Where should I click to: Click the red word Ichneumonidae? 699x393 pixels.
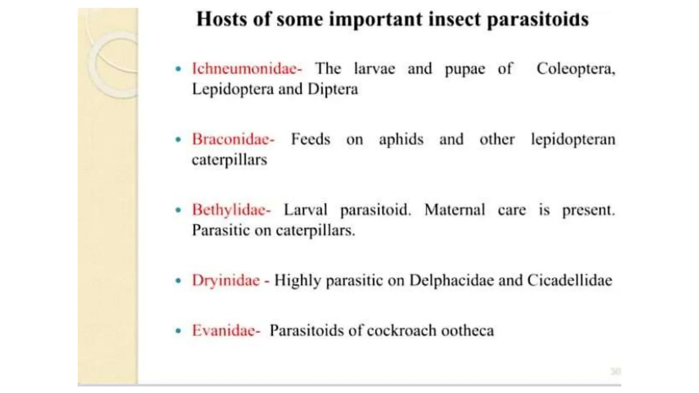click(x=245, y=69)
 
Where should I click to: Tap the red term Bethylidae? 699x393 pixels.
click(x=229, y=210)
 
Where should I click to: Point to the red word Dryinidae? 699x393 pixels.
click(x=226, y=280)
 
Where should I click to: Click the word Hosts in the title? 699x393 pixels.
click(x=222, y=19)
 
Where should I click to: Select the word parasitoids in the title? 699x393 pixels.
click(x=538, y=19)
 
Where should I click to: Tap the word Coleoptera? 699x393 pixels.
click(x=575, y=69)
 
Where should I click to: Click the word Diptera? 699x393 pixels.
click(x=333, y=89)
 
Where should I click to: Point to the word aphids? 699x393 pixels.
click(x=401, y=140)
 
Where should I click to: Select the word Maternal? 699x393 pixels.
click(x=454, y=210)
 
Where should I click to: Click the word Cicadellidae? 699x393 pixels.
click(x=570, y=280)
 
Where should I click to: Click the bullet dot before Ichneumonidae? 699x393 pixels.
click(x=178, y=69)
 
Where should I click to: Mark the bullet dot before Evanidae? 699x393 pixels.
click(x=178, y=331)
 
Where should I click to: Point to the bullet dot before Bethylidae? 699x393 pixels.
click(x=178, y=210)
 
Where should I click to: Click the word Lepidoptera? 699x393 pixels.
click(x=233, y=89)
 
